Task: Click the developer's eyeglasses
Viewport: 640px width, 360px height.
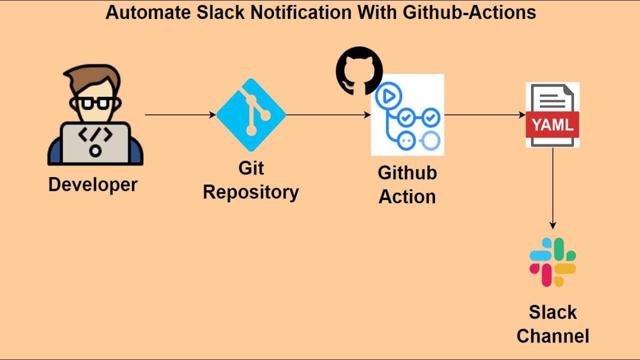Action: click(x=95, y=103)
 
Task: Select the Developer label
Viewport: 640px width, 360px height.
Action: click(x=93, y=184)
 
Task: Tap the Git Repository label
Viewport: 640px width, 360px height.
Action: click(x=251, y=180)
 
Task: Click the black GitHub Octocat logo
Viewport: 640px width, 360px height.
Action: click(x=359, y=70)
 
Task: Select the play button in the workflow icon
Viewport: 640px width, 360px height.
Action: click(x=388, y=96)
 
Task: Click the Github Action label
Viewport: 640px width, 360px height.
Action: click(x=407, y=184)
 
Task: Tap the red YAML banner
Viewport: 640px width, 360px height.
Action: click(x=552, y=124)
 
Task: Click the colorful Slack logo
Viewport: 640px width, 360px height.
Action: click(x=552, y=262)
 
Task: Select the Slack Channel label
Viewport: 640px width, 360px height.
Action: click(x=552, y=324)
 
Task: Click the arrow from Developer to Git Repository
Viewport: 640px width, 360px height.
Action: click(x=180, y=115)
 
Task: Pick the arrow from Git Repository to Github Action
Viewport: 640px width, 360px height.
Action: click(x=327, y=115)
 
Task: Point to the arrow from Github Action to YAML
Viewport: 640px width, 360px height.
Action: click(x=484, y=115)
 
